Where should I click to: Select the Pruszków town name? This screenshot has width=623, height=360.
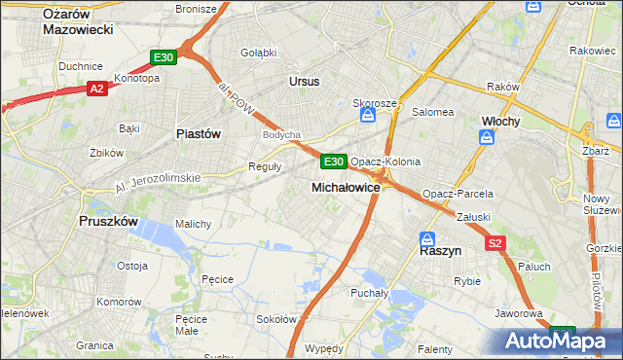108,221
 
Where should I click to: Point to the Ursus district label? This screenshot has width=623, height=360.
304,82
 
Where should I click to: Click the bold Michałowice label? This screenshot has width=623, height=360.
345,186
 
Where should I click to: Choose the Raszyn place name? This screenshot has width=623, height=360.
439,249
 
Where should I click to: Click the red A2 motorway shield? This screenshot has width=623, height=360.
96,89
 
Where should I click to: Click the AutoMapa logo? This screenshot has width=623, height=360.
562,342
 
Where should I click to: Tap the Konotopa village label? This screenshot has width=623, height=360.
136,78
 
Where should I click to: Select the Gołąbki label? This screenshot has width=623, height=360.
258,52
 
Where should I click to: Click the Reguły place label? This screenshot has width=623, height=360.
266,165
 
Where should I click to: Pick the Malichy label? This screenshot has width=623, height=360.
193,223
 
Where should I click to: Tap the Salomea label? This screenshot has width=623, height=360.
433,112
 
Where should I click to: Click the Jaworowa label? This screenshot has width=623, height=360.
518,313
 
